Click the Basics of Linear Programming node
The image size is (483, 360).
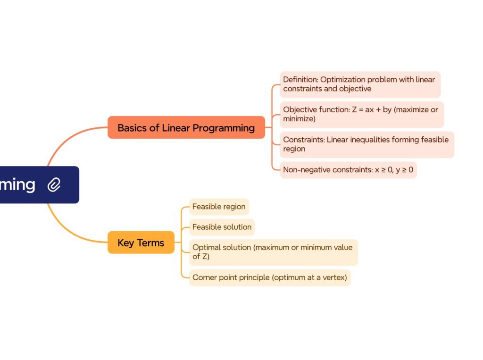pos(186,127)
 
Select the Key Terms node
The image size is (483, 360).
pos(141,243)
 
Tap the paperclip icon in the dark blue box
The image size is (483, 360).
pos(54,184)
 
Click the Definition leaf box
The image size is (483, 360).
pos(359,84)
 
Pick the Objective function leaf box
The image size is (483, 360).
pos(361,114)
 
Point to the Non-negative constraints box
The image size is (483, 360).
pos(348,170)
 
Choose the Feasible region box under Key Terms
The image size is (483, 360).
pos(219,207)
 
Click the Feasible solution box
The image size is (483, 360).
pos(222,227)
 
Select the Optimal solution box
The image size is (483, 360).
pos(273,252)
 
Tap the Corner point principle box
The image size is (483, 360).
pos(269,277)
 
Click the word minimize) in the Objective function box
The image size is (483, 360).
pos(299,119)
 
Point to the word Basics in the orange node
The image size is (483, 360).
pos(132,128)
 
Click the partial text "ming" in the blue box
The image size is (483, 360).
pos(17,184)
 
